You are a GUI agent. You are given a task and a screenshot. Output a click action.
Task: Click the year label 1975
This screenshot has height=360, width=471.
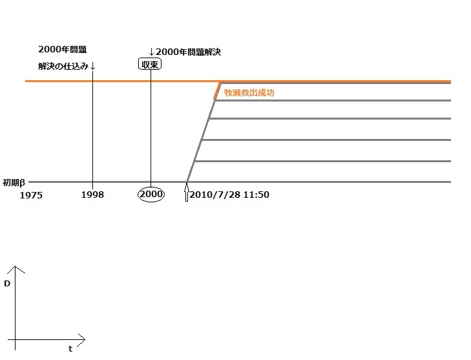pyautogui.click(x=31, y=195)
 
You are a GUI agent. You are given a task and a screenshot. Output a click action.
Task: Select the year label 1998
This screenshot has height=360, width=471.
pyautogui.click(x=92, y=195)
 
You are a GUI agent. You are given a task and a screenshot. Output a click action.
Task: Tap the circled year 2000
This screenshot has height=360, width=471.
pyautogui.click(x=151, y=195)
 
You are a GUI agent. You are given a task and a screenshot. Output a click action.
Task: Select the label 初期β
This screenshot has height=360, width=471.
pyautogui.click(x=14, y=182)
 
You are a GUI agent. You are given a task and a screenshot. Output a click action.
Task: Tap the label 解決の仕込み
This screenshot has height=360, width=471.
pyautogui.click(x=63, y=66)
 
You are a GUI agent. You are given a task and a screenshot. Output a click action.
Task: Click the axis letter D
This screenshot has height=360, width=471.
pyautogui.click(x=6, y=283)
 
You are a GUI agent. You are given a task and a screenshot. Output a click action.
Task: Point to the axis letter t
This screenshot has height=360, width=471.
pyautogui.click(x=70, y=348)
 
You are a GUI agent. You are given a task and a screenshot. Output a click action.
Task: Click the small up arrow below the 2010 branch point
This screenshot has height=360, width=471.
pyautogui.click(x=187, y=194)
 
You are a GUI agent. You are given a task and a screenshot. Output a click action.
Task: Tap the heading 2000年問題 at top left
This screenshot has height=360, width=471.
pyautogui.click(x=62, y=49)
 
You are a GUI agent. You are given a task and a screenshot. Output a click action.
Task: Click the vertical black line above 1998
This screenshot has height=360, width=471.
pyautogui.click(x=92, y=129)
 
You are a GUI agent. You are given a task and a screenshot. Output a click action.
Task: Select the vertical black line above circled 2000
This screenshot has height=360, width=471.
pyautogui.click(x=151, y=129)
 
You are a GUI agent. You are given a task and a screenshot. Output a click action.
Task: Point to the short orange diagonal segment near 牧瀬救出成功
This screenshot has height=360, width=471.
pyautogui.click(x=218, y=90)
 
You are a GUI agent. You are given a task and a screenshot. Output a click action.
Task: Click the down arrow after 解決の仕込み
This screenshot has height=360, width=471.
pyautogui.click(x=93, y=66)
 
